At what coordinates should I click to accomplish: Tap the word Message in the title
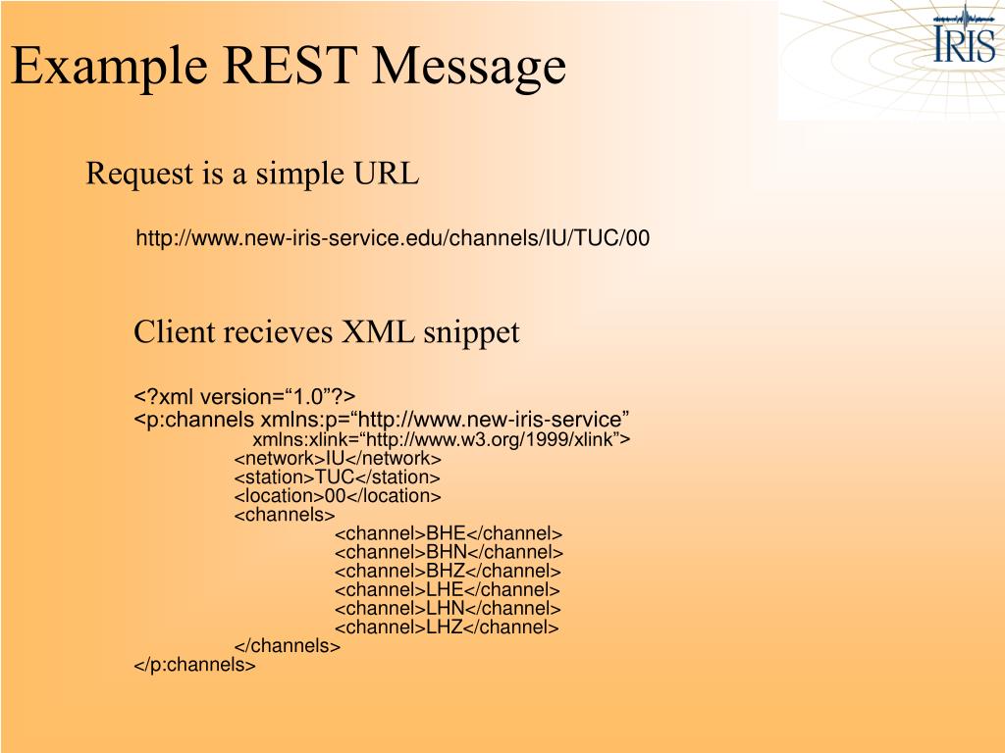(470, 67)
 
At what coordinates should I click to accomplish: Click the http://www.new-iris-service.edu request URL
(392, 238)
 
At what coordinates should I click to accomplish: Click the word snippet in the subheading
(471, 333)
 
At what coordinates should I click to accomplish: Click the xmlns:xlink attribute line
(441, 439)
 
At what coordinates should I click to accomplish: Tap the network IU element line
(338, 458)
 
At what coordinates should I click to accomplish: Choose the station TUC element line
(337, 477)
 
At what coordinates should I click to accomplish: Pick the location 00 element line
(337, 496)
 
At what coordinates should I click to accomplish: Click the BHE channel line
(449, 533)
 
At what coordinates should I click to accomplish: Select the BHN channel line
(449, 552)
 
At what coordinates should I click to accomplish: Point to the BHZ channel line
(448, 571)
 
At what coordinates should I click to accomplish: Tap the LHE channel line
(448, 590)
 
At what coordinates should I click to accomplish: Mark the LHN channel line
(448, 609)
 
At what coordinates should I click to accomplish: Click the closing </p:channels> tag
(194, 666)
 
